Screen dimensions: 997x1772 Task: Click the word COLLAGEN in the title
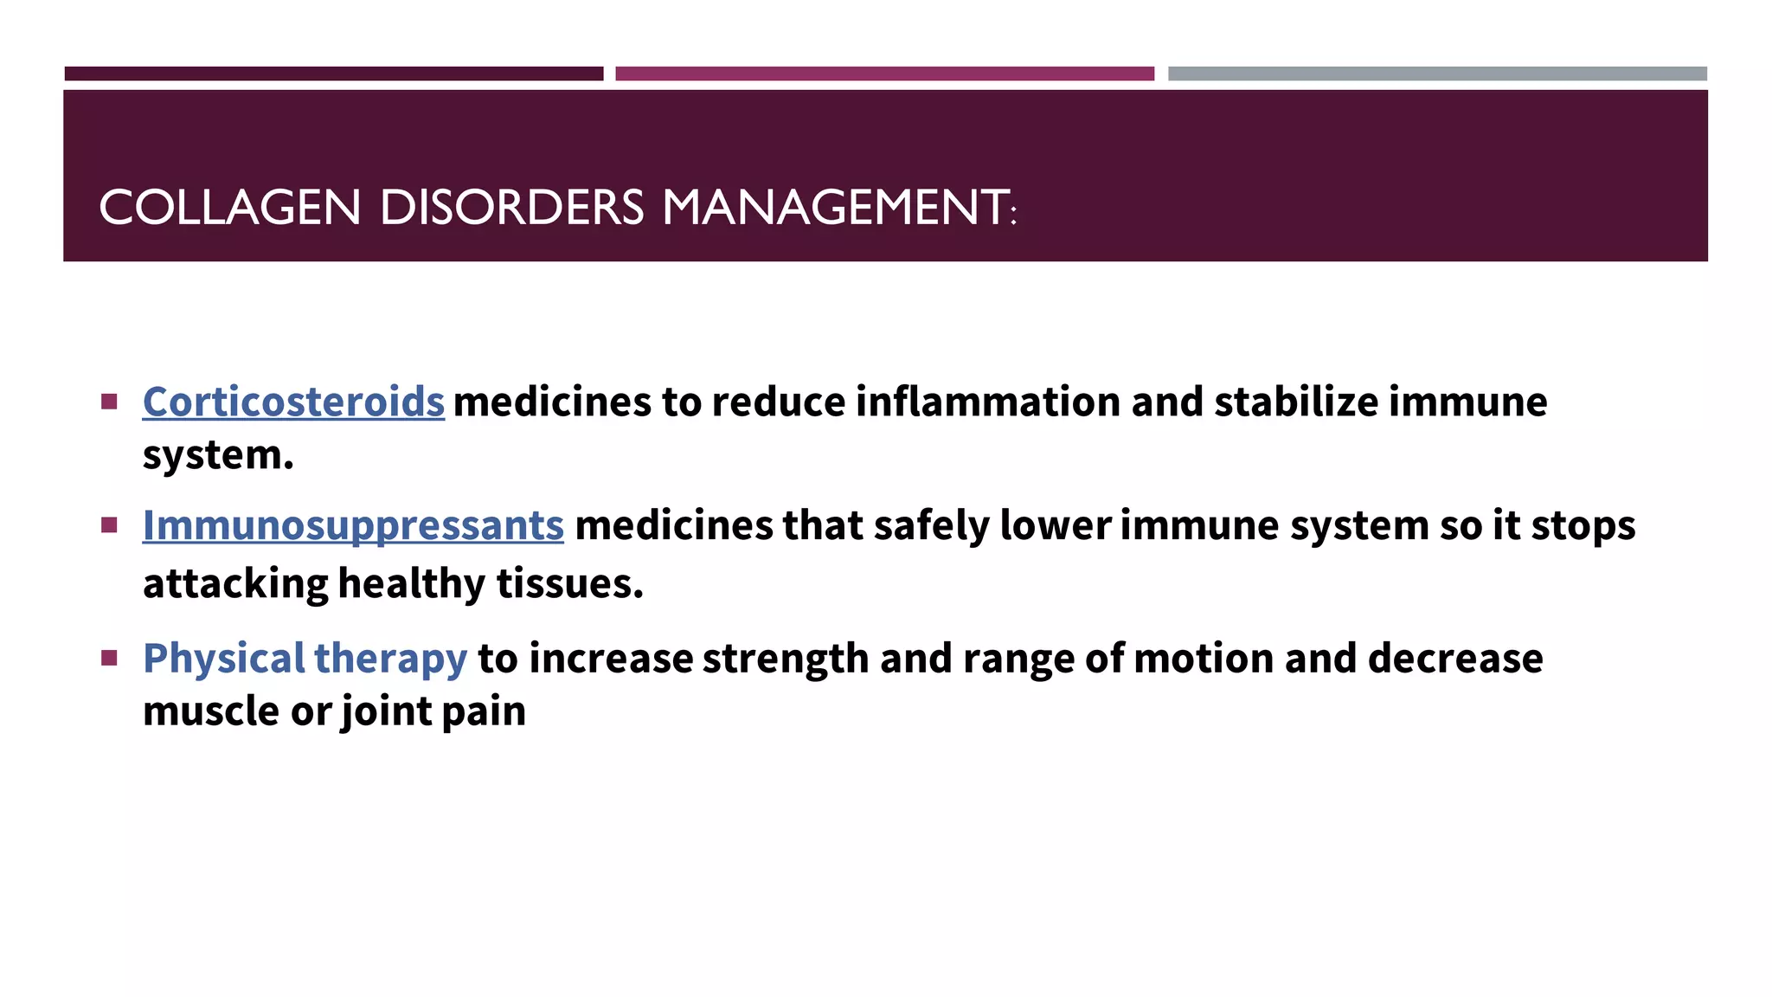pos(229,208)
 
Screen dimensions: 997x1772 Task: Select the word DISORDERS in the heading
pos(511,208)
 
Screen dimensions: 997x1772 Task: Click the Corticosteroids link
pos(293,402)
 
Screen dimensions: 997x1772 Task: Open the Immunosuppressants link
pos(353,526)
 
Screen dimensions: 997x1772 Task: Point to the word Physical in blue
pos(224,659)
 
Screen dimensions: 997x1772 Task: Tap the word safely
pos(932,526)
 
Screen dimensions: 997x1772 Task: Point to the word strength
pos(786,659)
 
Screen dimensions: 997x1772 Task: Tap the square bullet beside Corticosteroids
pos(109,402)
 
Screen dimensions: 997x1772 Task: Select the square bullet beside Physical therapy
pos(109,659)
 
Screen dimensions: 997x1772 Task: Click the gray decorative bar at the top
pos(1437,74)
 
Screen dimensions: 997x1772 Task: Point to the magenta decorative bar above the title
pos(884,74)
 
